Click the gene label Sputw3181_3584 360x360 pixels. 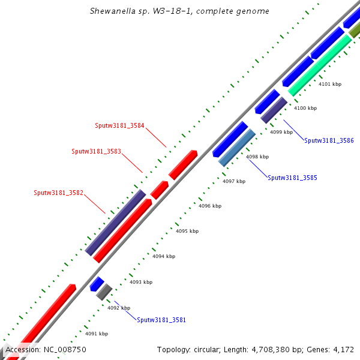click(119, 126)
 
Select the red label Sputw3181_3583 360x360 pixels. click(96, 151)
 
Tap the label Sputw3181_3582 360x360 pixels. click(59, 193)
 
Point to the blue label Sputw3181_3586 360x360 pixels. click(329, 140)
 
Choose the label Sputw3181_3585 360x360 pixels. click(292, 178)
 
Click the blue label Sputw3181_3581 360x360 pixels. click(161, 320)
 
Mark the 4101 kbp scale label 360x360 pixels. click(329, 84)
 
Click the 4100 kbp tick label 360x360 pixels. click(305, 108)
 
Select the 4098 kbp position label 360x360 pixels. click(257, 157)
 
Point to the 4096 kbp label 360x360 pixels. click(210, 206)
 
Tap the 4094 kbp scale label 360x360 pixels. click(163, 256)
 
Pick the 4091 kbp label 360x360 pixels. click(96, 334)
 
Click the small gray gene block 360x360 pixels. click(104, 292)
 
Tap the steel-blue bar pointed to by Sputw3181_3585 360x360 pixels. click(237, 148)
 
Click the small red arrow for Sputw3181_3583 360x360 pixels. click(159, 190)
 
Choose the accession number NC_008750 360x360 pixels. click(64, 349)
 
